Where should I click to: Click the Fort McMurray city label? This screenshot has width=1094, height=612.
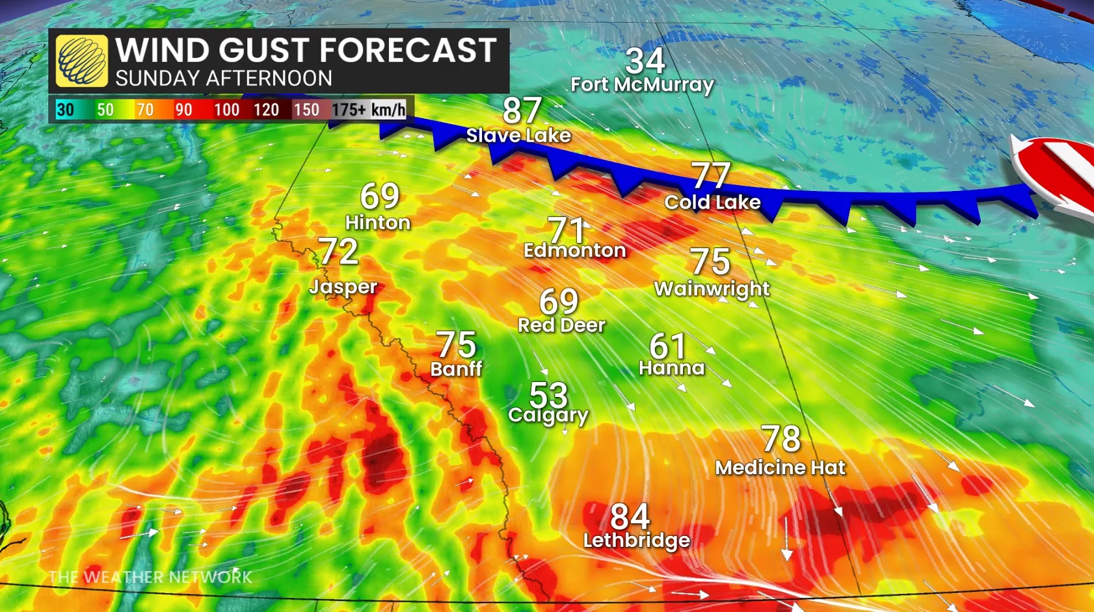point(642,85)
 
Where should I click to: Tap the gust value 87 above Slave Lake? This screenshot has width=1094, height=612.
point(522,110)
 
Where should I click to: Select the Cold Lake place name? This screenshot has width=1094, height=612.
point(712,203)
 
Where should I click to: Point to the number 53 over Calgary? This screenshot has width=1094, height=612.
point(548,394)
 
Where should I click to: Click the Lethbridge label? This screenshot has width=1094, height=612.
point(636,541)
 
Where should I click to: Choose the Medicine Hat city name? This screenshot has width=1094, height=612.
point(780,468)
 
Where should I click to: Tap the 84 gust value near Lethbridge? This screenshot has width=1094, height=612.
point(630,517)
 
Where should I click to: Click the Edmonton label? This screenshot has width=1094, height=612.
point(574,251)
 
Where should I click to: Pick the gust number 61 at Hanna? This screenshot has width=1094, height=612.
point(667,346)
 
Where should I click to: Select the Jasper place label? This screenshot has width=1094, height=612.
point(343,287)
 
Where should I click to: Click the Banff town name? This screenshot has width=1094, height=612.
point(456,370)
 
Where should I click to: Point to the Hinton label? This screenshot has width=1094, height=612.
point(377,223)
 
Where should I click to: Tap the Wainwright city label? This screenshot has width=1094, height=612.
point(712,289)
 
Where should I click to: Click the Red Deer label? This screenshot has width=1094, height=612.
point(561,325)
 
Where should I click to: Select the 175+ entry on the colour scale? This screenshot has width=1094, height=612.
point(349,110)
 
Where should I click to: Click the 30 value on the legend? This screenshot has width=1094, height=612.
point(65,110)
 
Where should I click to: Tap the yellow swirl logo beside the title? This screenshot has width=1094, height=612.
point(82,61)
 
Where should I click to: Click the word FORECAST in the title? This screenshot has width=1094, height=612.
point(408,51)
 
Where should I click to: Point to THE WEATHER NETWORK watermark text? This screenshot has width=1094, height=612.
point(150,577)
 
